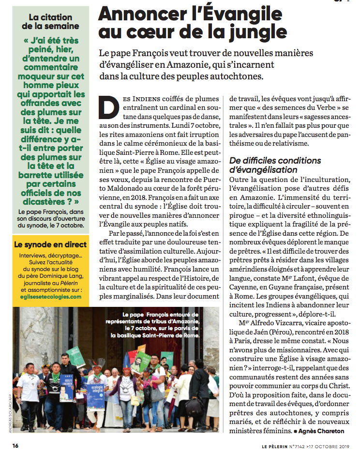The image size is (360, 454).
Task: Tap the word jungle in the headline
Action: click(250, 32)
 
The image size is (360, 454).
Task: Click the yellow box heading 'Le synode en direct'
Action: click(50, 244)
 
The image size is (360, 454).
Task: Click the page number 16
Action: click(15, 445)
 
